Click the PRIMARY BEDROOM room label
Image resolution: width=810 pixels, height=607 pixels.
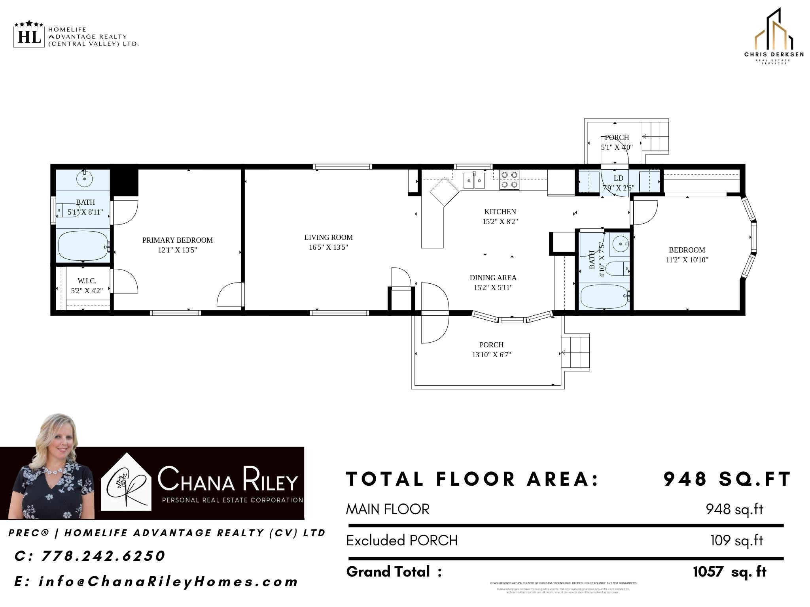tap(177, 240)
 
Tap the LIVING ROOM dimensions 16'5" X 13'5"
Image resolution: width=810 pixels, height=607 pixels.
tap(328, 247)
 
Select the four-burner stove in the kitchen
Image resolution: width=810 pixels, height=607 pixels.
tap(509, 180)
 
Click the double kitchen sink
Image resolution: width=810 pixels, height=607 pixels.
tap(474, 181)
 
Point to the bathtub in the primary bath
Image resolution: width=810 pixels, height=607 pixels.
tap(83, 246)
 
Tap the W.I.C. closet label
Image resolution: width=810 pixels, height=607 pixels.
tap(87, 281)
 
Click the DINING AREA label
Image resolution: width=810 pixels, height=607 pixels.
tap(493, 278)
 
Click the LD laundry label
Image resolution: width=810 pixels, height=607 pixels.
tap(618, 178)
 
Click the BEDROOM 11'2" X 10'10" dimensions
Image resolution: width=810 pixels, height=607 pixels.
tap(687, 260)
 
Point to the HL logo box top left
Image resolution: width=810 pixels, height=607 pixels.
tap(29, 37)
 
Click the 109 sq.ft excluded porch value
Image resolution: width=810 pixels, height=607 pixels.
tap(736, 540)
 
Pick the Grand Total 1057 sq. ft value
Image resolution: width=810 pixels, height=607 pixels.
tap(729, 571)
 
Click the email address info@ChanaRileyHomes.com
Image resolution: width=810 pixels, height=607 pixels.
tap(168, 581)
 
